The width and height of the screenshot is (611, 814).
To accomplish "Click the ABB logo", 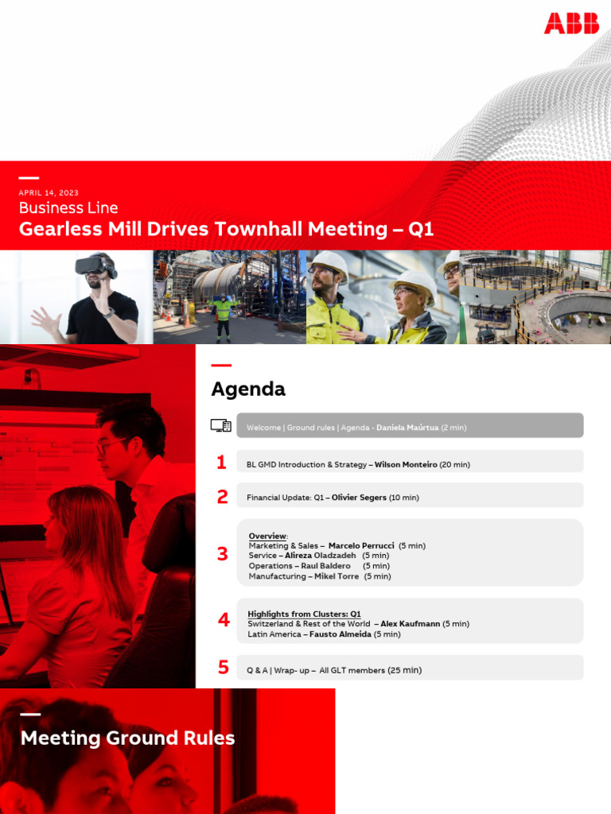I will point(571,23).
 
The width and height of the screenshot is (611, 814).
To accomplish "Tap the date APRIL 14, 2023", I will point(49,193).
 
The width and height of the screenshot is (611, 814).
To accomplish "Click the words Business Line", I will point(68,208).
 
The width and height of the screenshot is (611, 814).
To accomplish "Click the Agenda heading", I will point(248,390).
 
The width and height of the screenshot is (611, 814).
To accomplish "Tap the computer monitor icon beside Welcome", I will point(221,426).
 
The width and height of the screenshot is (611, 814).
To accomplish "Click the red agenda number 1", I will point(221,463).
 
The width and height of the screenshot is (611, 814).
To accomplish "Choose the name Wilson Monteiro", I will point(406,465).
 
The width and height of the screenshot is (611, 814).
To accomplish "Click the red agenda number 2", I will point(222,497).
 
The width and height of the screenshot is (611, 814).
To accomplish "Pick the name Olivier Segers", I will point(359,498).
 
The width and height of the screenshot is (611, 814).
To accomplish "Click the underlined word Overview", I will point(267,536).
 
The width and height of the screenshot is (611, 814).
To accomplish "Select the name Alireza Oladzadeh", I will point(321,556).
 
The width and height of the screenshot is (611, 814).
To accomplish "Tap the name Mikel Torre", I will point(337,576).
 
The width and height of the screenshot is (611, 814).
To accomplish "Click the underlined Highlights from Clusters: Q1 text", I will point(304,614).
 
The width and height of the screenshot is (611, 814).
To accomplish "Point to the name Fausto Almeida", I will point(337,634).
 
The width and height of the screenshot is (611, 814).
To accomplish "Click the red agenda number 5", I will point(223,668).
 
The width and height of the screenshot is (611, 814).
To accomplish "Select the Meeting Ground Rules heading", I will point(127,738).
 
